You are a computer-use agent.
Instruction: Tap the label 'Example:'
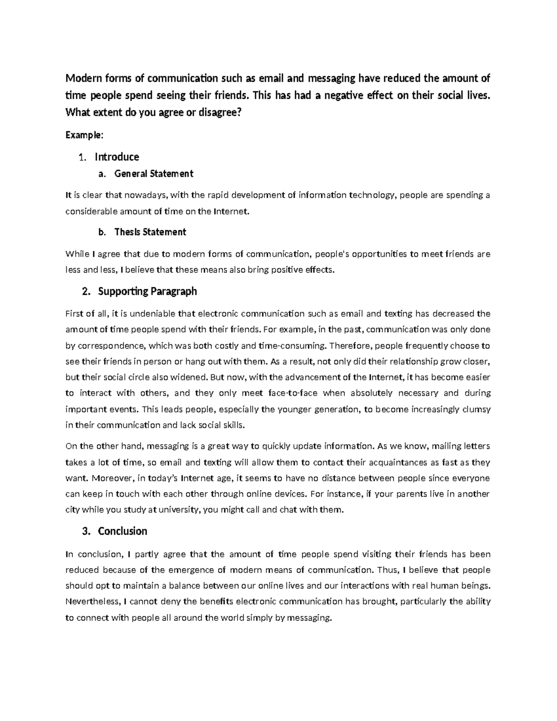tap(84, 135)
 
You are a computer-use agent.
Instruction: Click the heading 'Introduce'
tap(117, 156)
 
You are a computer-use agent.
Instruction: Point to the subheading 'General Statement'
tap(154, 174)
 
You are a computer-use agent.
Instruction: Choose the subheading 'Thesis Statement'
tap(150, 232)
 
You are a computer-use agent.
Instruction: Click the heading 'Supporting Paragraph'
tap(148, 291)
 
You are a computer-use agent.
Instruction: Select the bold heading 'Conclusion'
tap(123, 531)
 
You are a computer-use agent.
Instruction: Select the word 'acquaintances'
tap(400, 462)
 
